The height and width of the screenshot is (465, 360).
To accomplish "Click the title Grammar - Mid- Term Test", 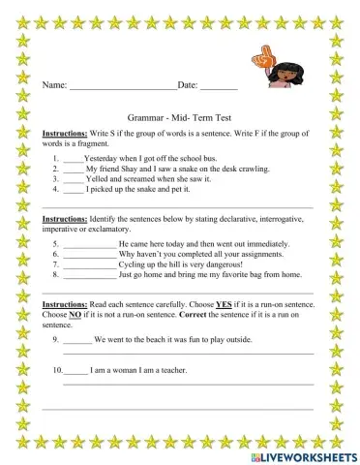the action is coord(180,113).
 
